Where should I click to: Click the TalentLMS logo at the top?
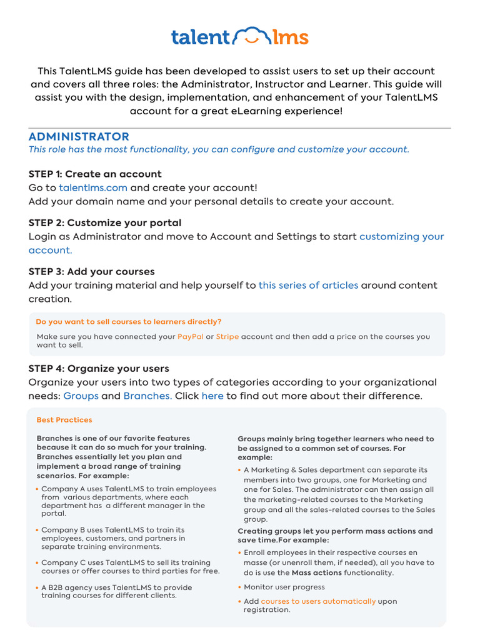240,37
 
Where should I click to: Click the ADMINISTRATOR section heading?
79,136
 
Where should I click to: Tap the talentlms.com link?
93,187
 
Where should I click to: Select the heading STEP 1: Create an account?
95,174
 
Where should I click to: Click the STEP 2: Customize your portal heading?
105,222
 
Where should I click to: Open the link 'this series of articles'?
308,285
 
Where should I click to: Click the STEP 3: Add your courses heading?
91,271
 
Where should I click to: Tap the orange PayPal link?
190,336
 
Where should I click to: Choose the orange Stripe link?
227,336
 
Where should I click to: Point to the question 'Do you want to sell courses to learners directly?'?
128,322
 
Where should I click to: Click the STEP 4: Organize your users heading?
99,369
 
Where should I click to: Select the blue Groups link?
81,396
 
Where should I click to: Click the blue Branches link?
147,396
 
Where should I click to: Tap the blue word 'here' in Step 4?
212,396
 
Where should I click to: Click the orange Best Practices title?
64,420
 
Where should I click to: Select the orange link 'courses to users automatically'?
318,601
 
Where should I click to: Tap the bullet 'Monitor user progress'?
284,587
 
